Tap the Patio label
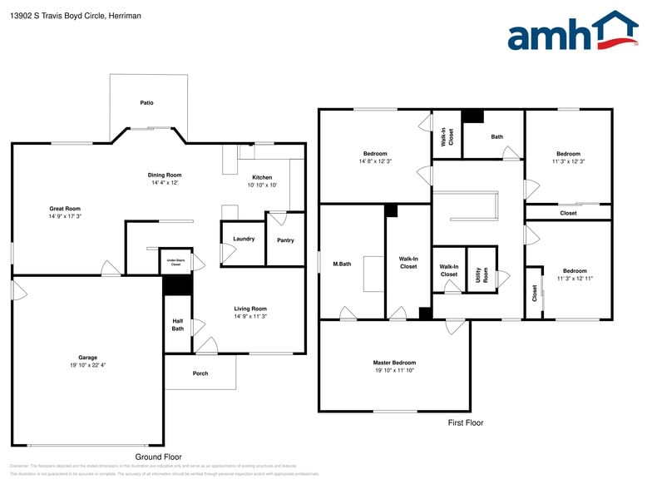pos(146,103)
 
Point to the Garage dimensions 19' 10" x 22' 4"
pos(88,365)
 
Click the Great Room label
pos(65,208)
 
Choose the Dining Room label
pos(165,175)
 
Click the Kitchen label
pos(262,177)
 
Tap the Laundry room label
pos(244,239)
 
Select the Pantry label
pos(285,240)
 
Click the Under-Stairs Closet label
pos(175,262)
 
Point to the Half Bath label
pos(178,324)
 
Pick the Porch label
pos(200,373)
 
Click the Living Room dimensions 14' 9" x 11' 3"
pos(250,316)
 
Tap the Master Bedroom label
pos(394,363)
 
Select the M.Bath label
pos(342,264)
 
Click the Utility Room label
pos(481,274)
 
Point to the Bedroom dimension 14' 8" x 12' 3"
pos(375,161)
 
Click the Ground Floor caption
pos(158,457)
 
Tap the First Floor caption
pos(465,422)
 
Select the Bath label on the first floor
pos(497,136)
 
